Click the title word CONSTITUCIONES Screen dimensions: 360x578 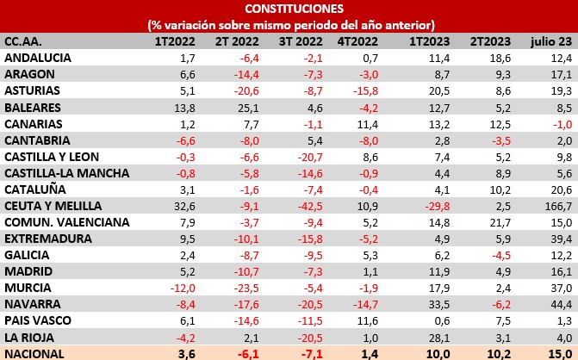point(289,9)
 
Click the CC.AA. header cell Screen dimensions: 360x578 point(26,41)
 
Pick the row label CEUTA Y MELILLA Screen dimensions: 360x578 point(53,206)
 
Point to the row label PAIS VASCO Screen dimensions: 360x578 point(39,320)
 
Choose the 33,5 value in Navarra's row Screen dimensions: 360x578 point(415,304)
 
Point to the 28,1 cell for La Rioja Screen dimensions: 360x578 point(416,337)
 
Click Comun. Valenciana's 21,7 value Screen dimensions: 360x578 point(479,222)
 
